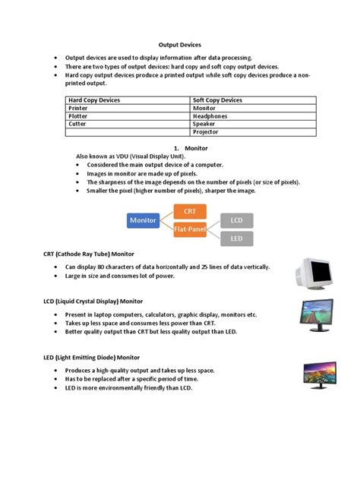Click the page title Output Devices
click(x=179, y=46)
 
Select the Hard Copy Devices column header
click(x=94, y=100)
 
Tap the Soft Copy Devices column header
click(x=219, y=100)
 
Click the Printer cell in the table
click(x=80, y=109)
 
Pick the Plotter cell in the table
click(x=80, y=116)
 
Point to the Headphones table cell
click(x=215, y=116)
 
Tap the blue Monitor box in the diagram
click(x=143, y=220)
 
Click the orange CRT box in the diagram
click(x=190, y=211)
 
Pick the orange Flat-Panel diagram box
click(x=190, y=229)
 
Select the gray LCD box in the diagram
click(x=236, y=220)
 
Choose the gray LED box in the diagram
click(x=236, y=238)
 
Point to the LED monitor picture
click(x=317, y=374)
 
